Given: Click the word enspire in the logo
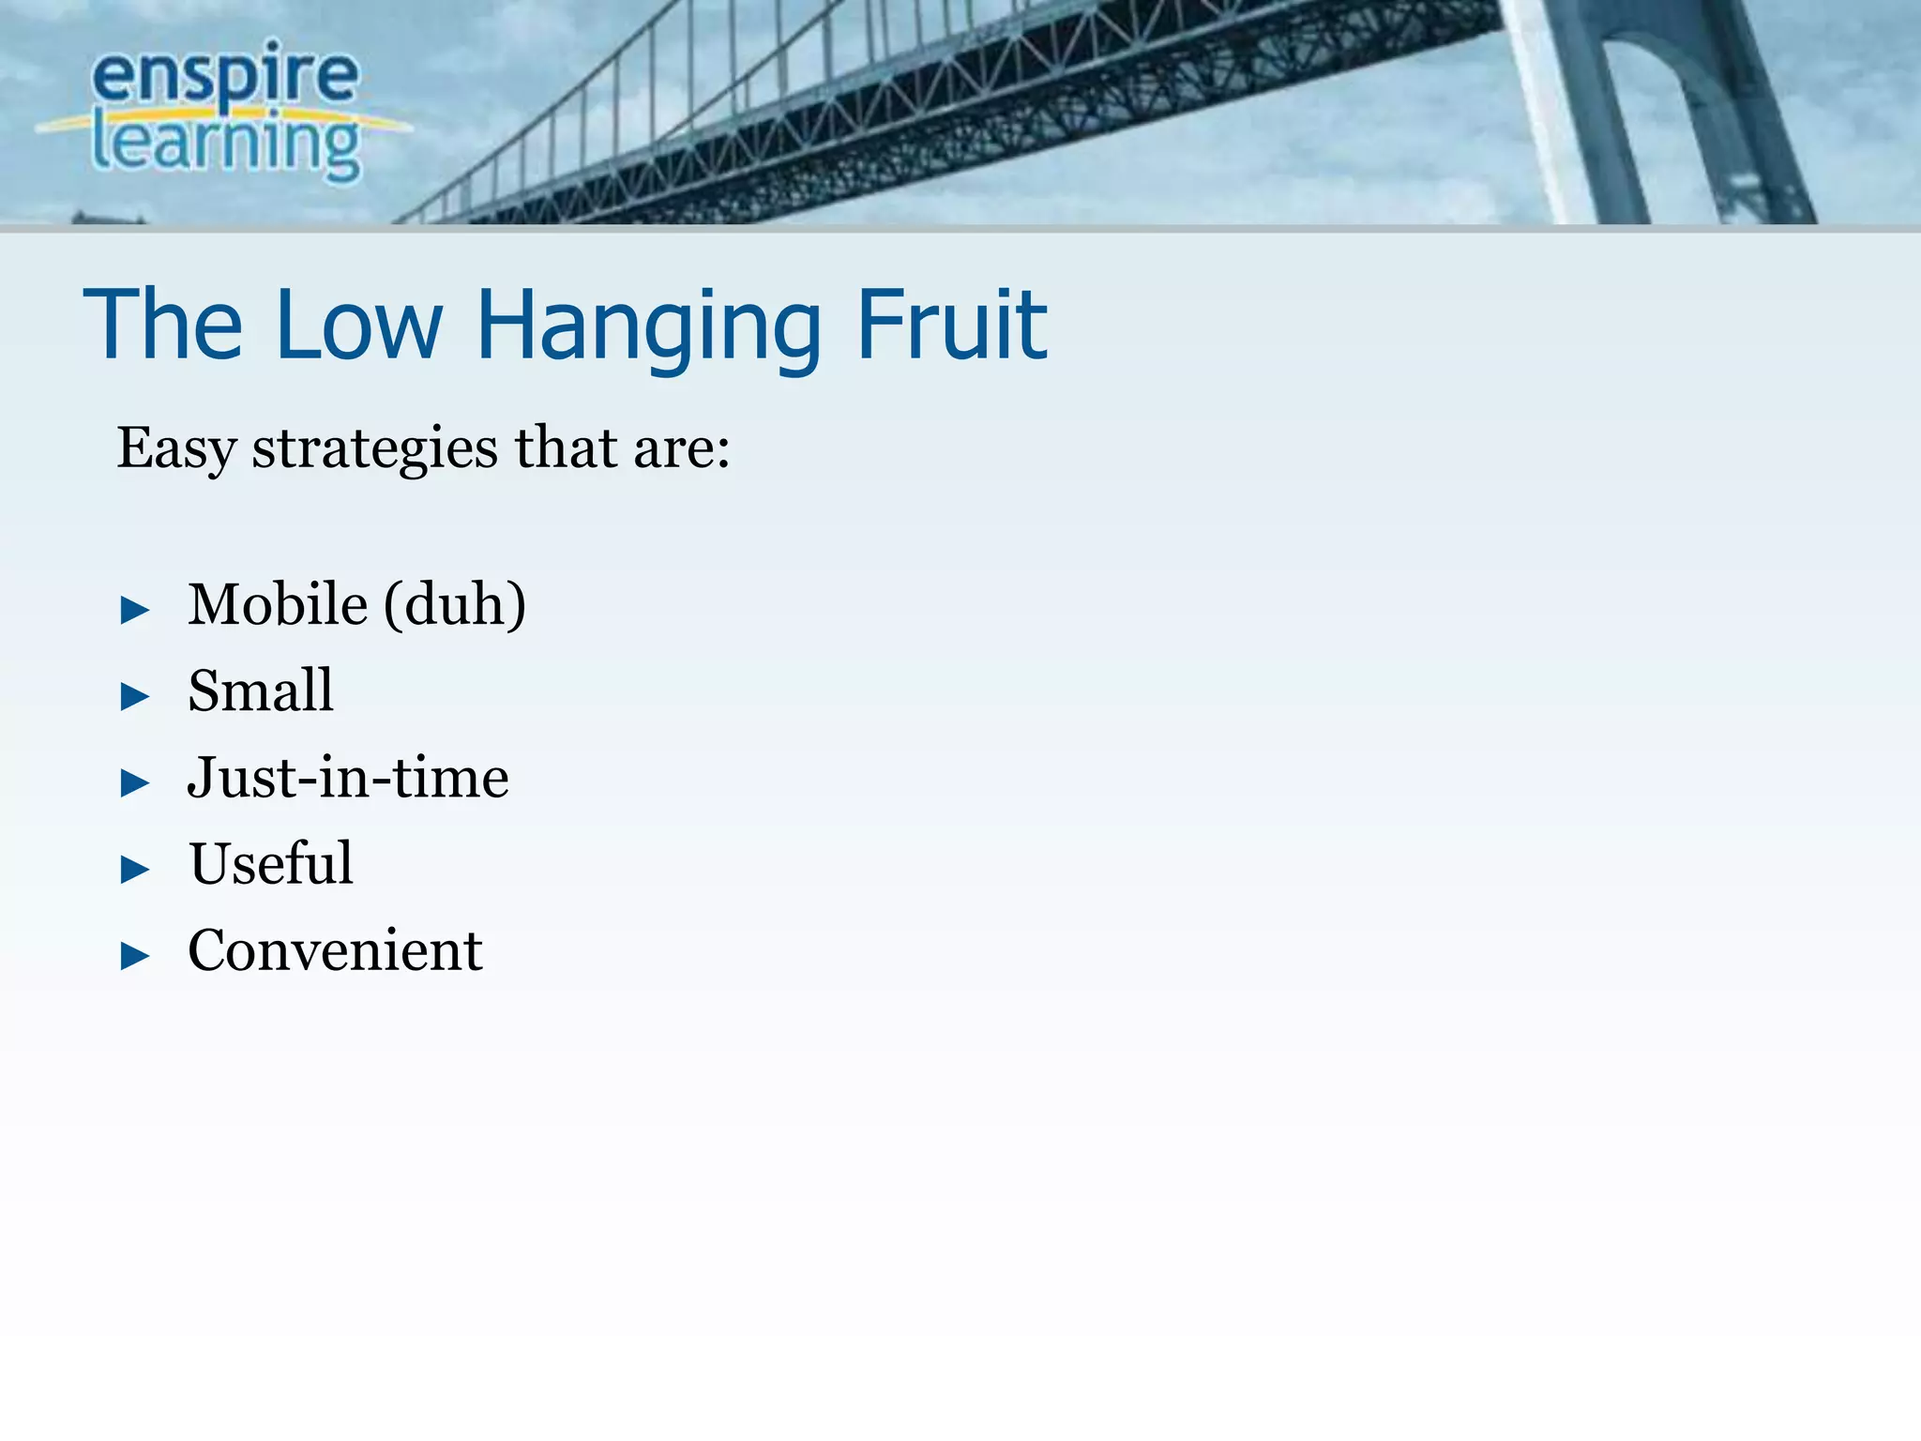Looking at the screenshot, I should point(225,75).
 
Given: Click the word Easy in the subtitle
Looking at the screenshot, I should point(175,447).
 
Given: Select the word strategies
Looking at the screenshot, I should point(374,447).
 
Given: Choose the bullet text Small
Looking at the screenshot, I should point(260,690).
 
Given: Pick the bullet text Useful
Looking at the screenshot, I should point(271,863).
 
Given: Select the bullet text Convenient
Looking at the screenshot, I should point(335,949).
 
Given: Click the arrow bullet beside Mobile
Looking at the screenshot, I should point(135,611).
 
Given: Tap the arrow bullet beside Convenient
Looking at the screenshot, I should point(135,956).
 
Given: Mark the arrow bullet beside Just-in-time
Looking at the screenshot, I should point(135,783).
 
